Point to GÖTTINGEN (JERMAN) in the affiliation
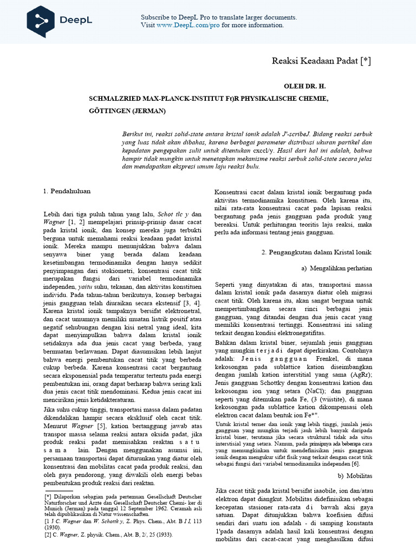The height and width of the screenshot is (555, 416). pyautogui.click(x=127, y=111)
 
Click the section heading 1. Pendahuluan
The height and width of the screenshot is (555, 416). pyautogui.click(x=67, y=191)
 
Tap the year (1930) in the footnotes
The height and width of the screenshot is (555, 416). pyautogui.click(x=53, y=527)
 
